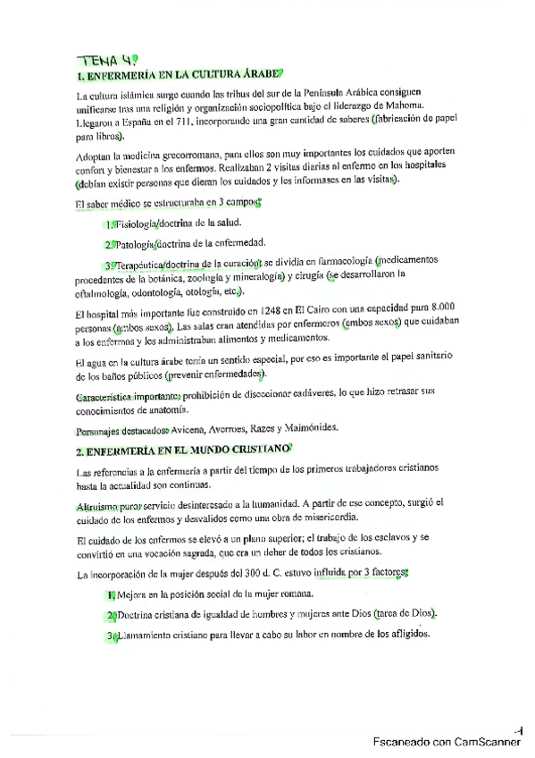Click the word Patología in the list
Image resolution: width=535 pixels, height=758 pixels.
click(x=134, y=244)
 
